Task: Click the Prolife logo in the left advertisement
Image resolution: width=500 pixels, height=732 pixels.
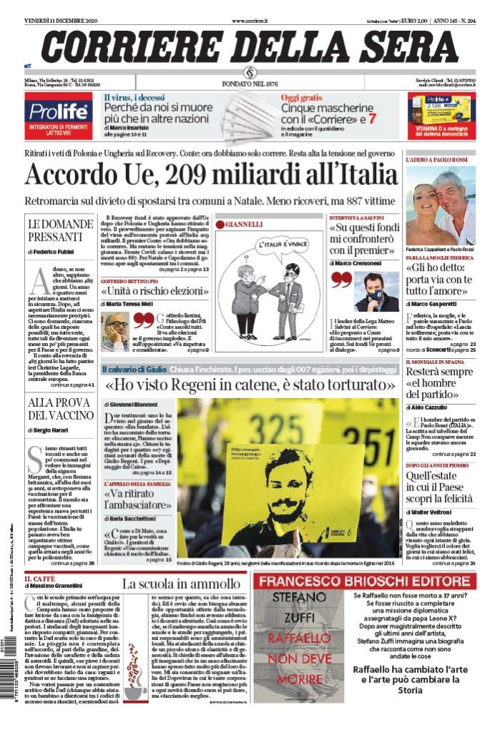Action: coord(57,111)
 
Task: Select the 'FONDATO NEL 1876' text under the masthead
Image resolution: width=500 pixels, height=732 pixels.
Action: coord(250,84)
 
